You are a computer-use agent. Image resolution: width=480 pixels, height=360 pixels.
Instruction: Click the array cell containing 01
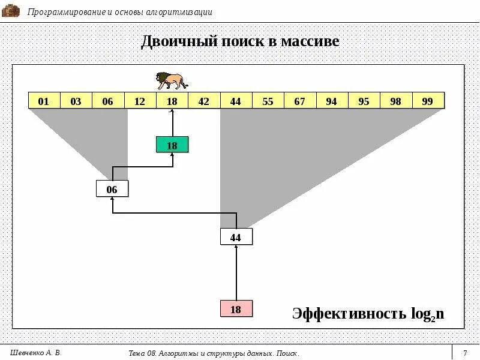(x=44, y=101)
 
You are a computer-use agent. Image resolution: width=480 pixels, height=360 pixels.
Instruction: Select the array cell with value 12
(x=140, y=101)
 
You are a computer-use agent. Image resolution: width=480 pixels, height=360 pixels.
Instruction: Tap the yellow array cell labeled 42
(x=204, y=101)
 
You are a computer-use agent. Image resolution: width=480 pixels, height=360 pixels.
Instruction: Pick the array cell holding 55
(x=268, y=101)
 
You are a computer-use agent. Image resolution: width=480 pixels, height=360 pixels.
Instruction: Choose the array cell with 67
(x=299, y=101)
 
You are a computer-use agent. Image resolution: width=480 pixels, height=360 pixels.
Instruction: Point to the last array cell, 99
(x=427, y=101)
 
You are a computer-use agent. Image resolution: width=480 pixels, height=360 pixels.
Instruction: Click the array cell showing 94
(x=331, y=101)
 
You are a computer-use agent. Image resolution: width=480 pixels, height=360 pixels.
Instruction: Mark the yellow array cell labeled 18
(x=172, y=101)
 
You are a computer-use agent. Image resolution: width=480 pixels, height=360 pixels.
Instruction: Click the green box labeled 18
(x=172, y=145)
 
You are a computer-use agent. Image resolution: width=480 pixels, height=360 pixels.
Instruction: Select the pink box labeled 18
(x=236, y=309)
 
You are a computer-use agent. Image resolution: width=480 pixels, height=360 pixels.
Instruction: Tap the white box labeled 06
(x=112, y=189)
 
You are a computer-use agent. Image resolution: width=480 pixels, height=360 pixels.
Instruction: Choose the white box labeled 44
(x=236, y=237)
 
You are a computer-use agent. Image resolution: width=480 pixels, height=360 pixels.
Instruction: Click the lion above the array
(x=172, y=80)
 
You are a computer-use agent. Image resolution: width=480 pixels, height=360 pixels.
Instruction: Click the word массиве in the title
(x=308, y=41)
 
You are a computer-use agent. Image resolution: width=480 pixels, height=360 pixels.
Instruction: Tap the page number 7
(x=465, y=353)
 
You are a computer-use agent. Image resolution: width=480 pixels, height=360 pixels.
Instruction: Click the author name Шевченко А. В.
(x=37, y=352)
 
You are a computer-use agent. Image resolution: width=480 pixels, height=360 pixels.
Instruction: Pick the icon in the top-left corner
(x=11, y=11)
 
